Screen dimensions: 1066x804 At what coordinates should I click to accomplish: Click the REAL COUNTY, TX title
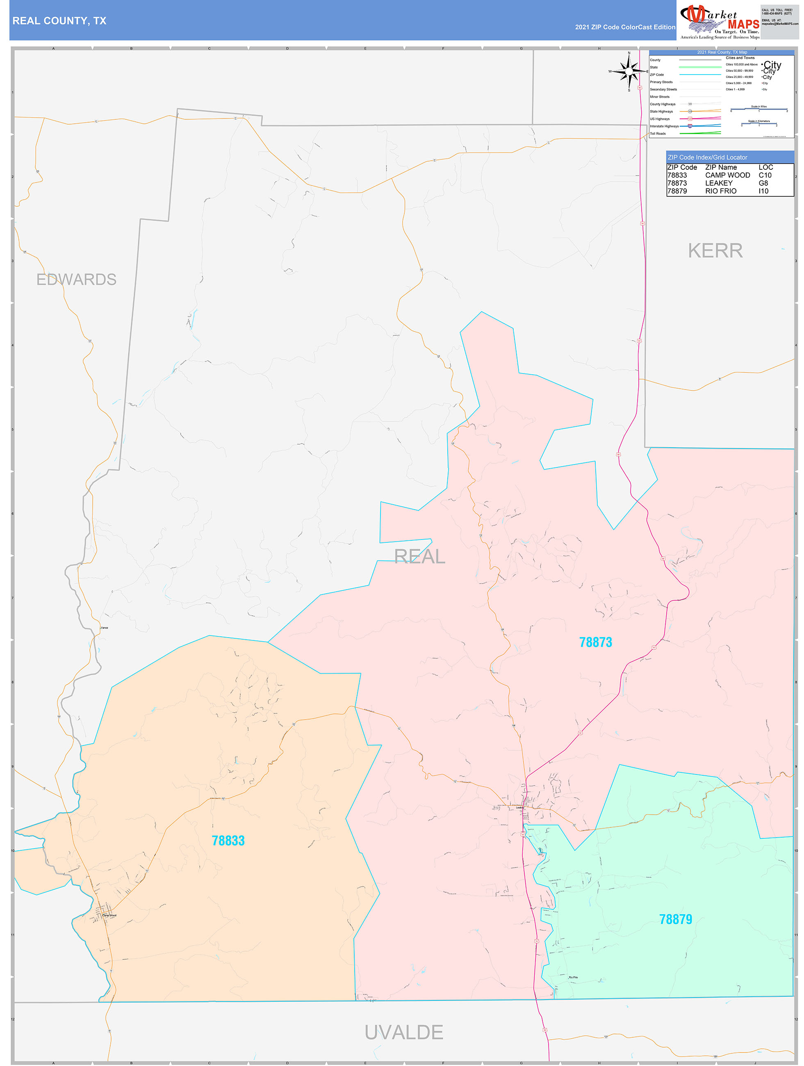59,21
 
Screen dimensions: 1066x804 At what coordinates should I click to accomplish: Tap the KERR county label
715,251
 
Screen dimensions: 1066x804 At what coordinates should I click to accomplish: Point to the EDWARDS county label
76,280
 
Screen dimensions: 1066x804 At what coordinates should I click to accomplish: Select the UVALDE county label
403,1032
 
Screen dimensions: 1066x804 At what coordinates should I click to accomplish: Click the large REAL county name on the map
419,557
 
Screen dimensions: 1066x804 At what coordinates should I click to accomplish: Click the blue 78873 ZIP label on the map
595,642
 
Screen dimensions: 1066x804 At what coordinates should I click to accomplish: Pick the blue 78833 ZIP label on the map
228,840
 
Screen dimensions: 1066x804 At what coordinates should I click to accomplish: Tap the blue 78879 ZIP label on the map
675,920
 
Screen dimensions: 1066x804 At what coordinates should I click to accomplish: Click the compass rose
629,71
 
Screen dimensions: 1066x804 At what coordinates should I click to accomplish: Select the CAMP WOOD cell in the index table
727,175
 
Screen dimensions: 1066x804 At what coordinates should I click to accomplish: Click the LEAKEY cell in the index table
719,183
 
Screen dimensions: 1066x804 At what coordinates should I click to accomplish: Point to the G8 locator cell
763,183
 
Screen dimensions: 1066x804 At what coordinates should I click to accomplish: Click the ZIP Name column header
721,167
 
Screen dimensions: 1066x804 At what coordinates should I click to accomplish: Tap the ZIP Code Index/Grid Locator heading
707,157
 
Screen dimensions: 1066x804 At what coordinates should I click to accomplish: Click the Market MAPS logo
719,22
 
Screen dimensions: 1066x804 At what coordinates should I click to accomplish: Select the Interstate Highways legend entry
664,126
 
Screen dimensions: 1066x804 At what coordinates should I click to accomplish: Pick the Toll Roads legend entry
658,134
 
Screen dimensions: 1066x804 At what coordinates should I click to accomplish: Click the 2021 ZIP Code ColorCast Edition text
625,27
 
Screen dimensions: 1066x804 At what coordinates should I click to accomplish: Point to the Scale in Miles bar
758,109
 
